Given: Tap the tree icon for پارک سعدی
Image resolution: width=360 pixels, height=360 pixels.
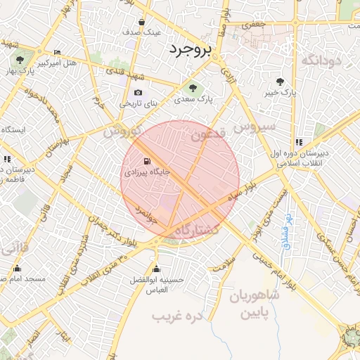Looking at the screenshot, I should point(193,88).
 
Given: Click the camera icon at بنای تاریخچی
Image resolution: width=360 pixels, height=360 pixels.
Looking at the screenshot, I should point(138,92).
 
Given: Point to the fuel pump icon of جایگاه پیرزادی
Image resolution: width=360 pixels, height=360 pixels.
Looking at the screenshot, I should point(147,160).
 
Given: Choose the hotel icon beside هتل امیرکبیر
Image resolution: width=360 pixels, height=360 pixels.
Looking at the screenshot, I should point(57,52).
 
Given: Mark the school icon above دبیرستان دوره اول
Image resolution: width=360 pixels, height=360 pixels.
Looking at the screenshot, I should point(299,142).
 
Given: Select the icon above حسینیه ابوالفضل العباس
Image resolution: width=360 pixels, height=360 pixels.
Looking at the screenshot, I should point(156,269).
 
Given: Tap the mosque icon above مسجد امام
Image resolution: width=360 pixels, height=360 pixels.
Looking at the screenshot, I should point(17,268).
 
